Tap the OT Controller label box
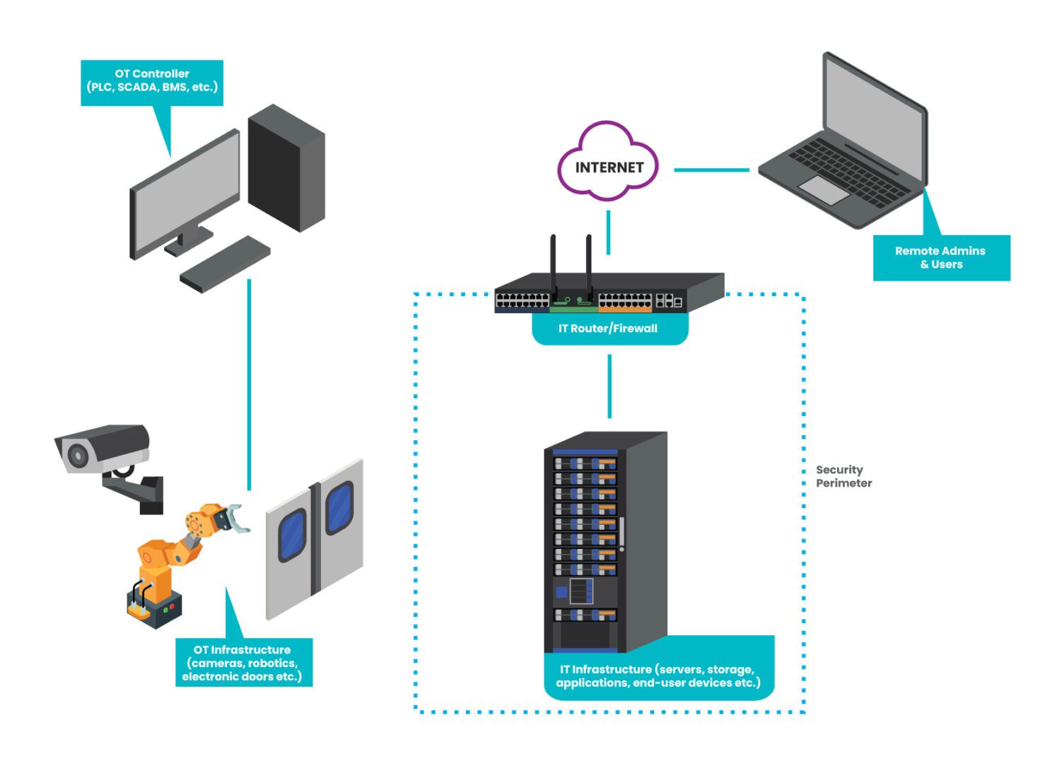(152, 81)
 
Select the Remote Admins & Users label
(941, 258)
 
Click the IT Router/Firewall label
(609, 329)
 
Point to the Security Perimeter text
(843, 476)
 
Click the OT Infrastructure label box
(242, 663)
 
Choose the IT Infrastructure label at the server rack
(658, 675)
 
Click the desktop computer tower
(286, 168)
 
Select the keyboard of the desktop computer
(225, 264)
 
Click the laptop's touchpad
(824, 189)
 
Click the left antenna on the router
(554, 265)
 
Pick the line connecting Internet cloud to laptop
(711, 170)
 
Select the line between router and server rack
(609, 386)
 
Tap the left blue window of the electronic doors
(292, 534)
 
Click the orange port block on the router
(625, 308)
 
